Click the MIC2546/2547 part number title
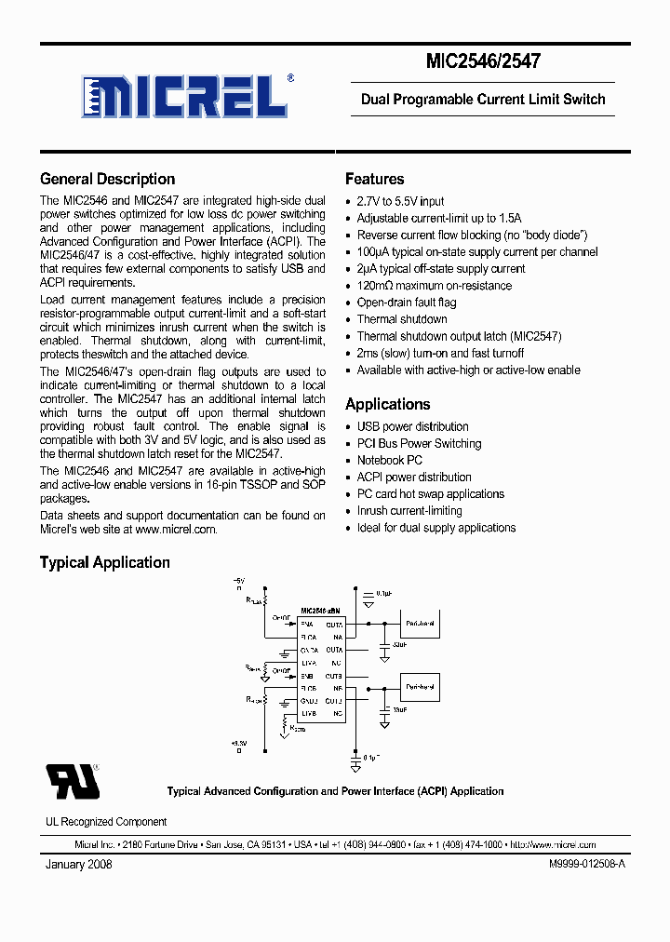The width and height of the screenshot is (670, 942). tap(482, 61)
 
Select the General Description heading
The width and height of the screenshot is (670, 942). tap(107, 180)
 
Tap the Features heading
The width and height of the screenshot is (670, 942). tap(374, 180)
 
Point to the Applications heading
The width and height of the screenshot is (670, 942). tap(387, 405)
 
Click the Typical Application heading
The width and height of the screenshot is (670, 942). tap(104, 562)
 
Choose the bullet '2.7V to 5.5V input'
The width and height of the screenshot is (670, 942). tap(400, 201)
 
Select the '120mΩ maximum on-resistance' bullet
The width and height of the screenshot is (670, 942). tap(434, 286)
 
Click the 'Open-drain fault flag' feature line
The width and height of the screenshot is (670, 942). tap(406, 303)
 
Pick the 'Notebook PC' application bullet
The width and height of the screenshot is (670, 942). tap(389, 461)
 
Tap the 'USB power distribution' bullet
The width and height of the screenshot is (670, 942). tap(412, 427)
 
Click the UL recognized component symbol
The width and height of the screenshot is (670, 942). tap(73, 782)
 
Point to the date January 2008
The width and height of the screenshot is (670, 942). tap(79, 865)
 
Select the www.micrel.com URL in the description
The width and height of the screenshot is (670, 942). tap(176, 530)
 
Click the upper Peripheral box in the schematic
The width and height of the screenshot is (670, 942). tap(420, 623)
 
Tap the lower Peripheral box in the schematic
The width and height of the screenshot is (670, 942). tap(420, 686)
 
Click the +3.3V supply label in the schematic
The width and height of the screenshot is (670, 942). tap(239, 743)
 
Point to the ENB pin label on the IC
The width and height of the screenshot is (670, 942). tap(307, 675)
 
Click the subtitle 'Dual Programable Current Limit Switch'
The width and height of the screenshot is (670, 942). tap(482, 100)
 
